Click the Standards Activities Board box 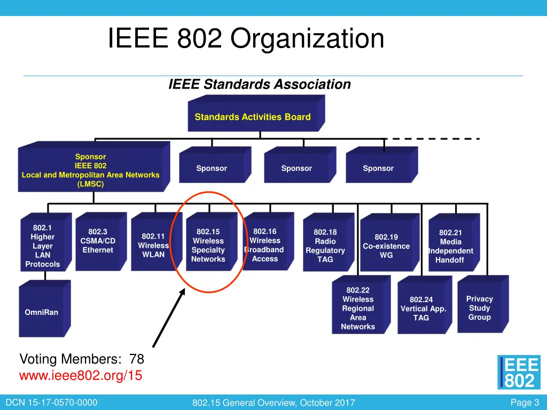click(x=253, y=117)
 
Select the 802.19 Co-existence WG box click(x=386, y=246)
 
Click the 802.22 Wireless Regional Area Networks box click(x=358, y=309)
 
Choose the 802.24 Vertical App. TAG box click(x=421, y=309)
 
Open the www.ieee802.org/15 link click(x=81, y=376)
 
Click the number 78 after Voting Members click(x=137, y=359)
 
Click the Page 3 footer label click(x=525, y=403)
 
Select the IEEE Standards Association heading click(x=260, y=84)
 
